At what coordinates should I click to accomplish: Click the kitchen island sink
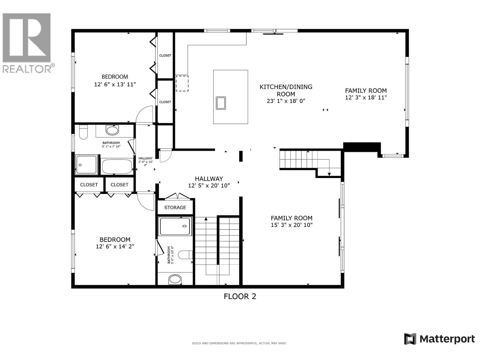[221, 103]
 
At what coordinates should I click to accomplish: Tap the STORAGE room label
[175, 208]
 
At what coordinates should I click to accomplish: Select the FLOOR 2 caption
[240, 296]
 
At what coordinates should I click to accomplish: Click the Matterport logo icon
[410, 339]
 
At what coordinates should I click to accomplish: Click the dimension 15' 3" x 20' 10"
[292, 225]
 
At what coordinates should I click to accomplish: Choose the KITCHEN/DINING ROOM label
[286, 90]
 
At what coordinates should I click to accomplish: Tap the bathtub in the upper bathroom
[117, 166]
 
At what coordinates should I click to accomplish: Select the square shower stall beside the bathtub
[86, 165]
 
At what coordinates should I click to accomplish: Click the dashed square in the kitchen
[182, 83]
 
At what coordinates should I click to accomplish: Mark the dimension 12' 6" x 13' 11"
[115, 85]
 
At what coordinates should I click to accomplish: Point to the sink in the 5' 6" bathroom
[175, 279]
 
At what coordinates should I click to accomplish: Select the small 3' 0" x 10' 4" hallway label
[145, 162]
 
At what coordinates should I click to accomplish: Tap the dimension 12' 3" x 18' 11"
[366, 97]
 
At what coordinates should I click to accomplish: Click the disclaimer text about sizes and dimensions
[239, 343]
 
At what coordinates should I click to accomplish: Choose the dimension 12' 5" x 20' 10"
[209, 186]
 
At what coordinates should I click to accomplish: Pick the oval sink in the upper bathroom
[112, 130]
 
